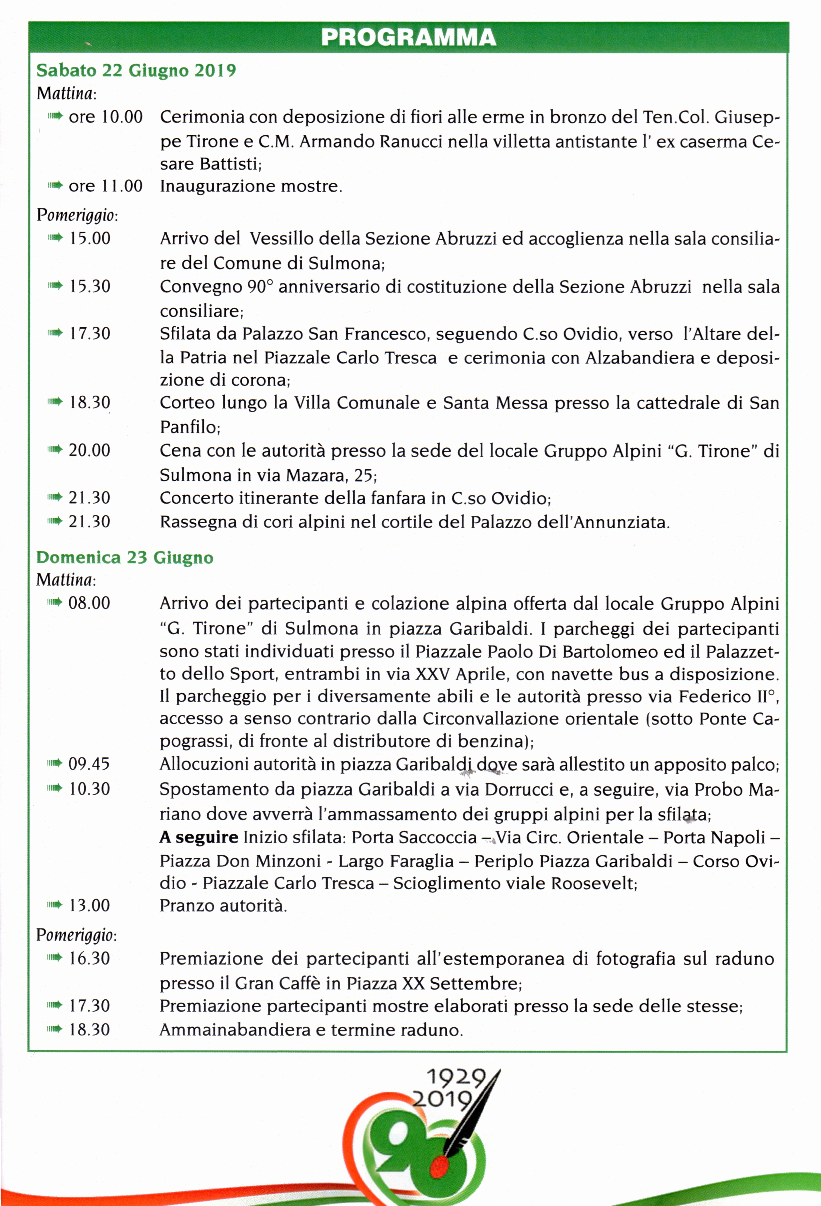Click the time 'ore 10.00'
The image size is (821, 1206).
tap(105, 117)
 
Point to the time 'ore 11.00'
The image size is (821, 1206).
tap(105, 186)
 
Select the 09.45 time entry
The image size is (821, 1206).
tap(89, 764)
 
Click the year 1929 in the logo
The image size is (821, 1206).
tap(456, 1078)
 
